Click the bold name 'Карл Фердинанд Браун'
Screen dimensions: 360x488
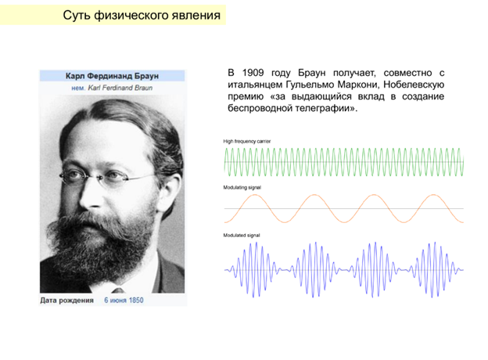(113, 77)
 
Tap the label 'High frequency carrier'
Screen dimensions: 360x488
(246, 141)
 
